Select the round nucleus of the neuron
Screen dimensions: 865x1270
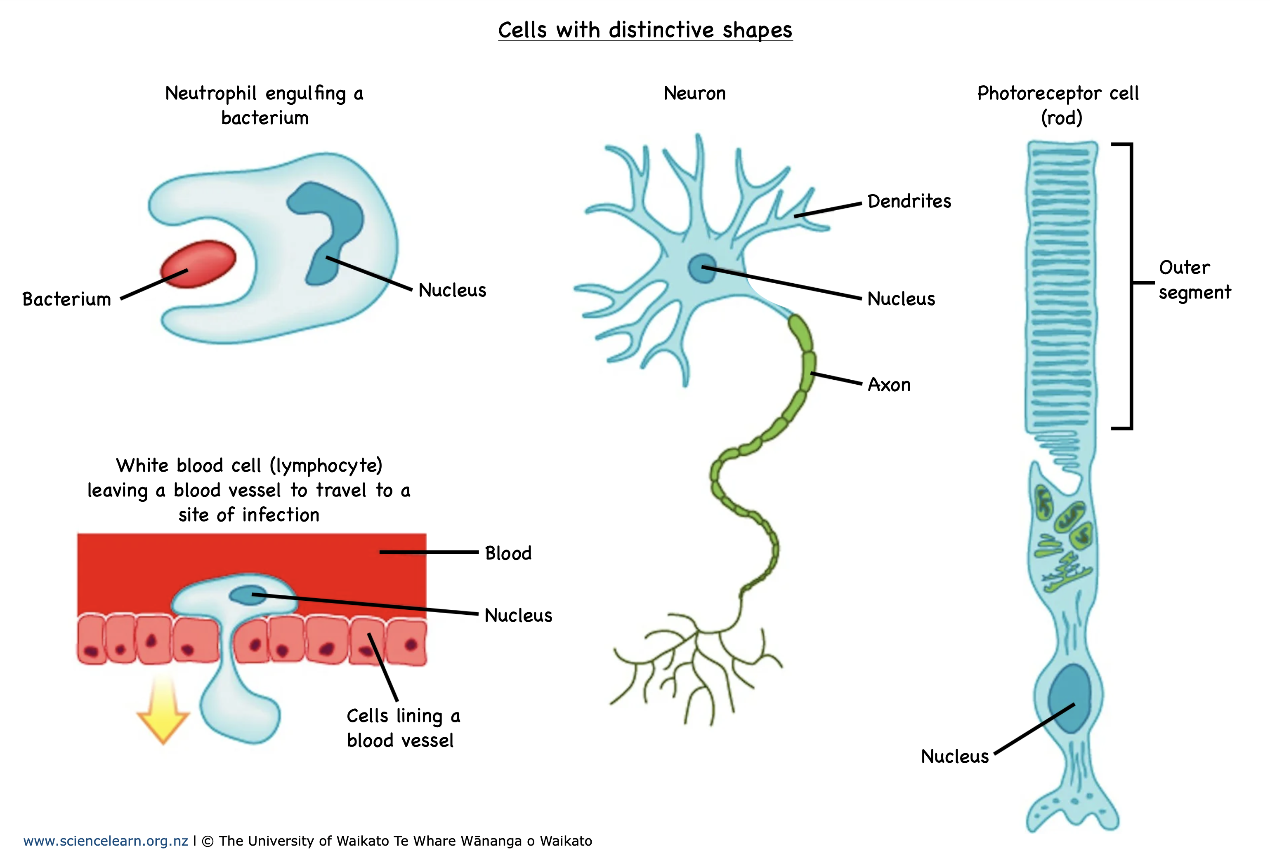point(702,268)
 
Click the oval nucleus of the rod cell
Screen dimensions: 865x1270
point(1069,698)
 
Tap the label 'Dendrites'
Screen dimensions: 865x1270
point(909,202)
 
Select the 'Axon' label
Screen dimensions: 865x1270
point(889,385)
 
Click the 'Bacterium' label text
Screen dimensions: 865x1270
point(67,299)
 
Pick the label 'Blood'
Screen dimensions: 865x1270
point(508,553)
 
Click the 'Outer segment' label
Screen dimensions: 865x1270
point(1194,280)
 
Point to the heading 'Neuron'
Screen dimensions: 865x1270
point(694,93)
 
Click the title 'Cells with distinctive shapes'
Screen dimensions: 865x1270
point(645,30)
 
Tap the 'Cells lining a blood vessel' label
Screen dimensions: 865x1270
point(403,728)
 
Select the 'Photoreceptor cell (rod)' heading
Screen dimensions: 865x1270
point(1058,105)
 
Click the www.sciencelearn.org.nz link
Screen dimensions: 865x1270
point(106,841)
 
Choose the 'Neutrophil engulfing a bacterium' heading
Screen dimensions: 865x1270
point(264,105)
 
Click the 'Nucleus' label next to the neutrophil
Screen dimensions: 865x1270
point(452,291)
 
